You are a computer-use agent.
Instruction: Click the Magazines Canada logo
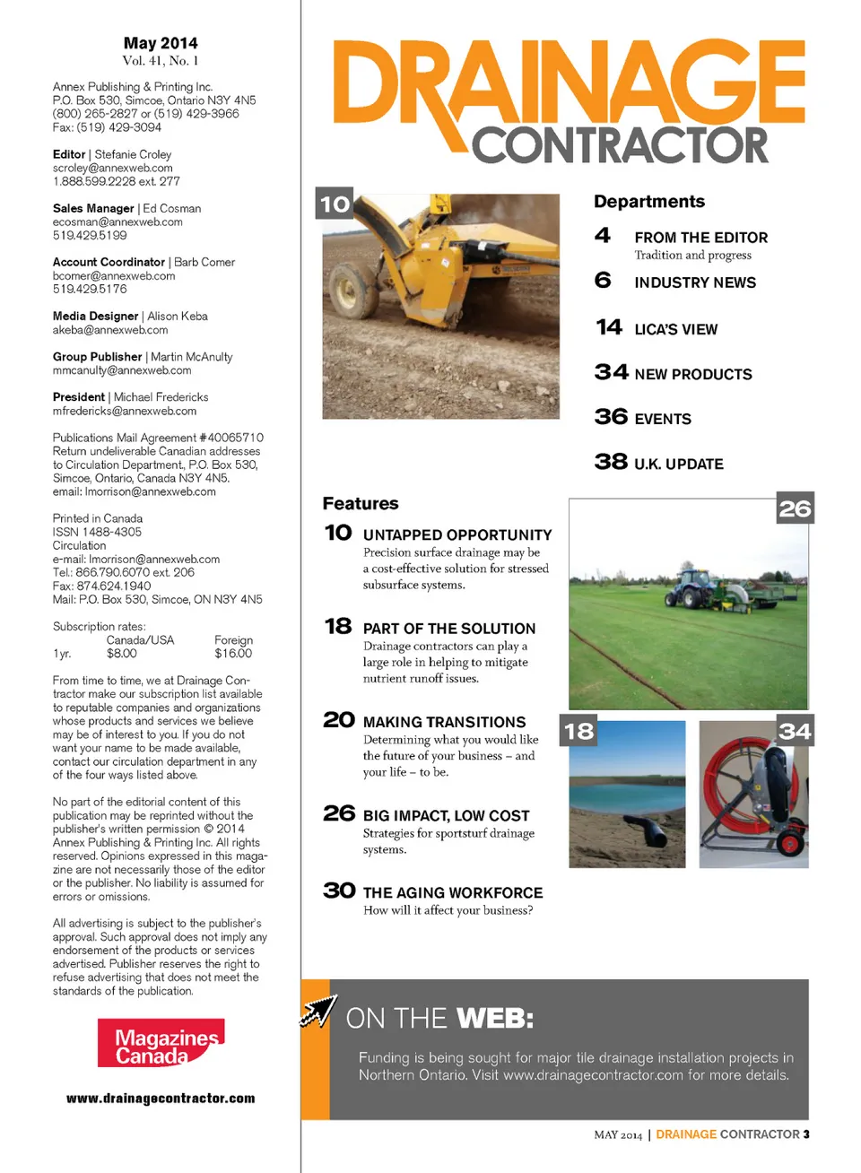coord(161,1043)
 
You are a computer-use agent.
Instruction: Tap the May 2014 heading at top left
coord(161,43)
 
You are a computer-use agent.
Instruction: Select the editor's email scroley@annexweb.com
coord(113,168)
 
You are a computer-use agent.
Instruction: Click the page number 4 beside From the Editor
coord(603,236)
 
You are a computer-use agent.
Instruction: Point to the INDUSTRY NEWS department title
coord(695,282)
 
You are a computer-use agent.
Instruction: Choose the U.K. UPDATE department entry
coord(678,464)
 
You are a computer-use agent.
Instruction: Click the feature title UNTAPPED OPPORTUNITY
coord(457,534)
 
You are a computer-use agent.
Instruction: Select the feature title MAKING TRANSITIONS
coord(444,722)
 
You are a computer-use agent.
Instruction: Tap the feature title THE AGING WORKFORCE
coord(453,892)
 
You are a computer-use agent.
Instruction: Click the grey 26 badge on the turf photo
coord(795,508)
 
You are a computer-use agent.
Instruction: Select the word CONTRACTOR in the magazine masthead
coord(620,146)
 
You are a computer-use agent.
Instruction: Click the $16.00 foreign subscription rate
coord(233,654)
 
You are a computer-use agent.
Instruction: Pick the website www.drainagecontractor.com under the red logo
coord(161,1099)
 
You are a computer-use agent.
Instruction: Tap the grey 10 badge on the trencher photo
coord(335,204)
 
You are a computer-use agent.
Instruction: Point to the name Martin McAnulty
coord(192,357)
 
